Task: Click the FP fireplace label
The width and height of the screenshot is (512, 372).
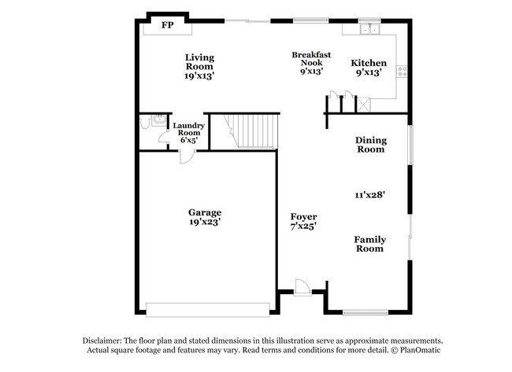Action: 167,26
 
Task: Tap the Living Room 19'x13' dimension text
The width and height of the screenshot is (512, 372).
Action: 199,76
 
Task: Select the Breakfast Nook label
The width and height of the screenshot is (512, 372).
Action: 306,59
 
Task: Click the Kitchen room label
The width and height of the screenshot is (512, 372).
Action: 369,63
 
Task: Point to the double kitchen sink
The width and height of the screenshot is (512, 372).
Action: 369,30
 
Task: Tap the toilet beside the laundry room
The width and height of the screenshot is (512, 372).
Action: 146,123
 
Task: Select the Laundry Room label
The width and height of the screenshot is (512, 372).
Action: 189,129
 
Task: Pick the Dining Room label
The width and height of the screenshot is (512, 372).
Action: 370,145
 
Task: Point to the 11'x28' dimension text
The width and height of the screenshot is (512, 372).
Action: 369,193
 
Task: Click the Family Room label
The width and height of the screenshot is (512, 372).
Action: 369,244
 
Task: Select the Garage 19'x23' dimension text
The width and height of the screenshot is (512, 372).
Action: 204,223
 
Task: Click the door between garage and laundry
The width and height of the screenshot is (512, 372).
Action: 184,156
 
